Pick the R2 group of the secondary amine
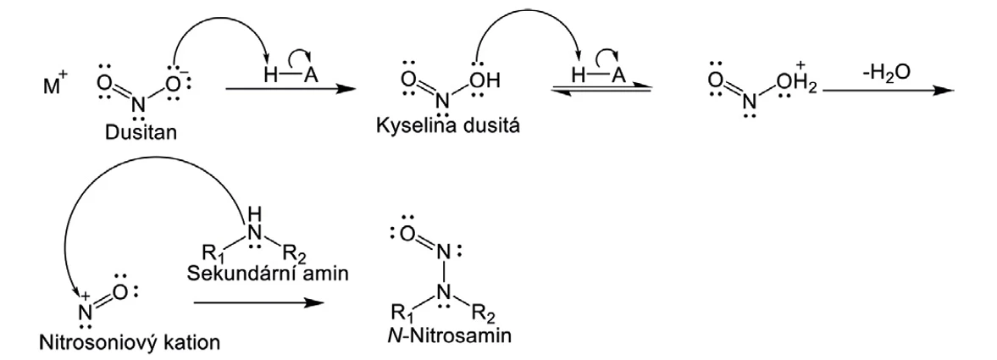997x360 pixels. tap(292, 252)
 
